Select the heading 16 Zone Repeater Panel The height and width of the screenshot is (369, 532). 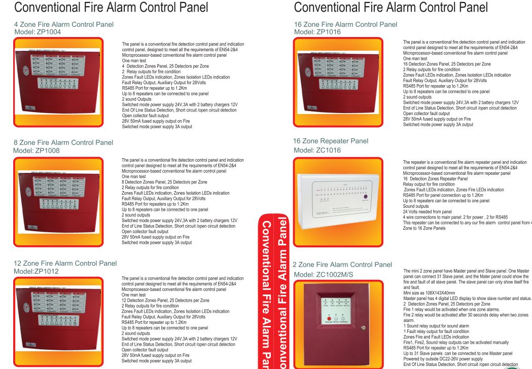tap(331, 141)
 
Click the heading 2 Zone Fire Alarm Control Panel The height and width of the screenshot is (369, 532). tap(342, 265)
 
